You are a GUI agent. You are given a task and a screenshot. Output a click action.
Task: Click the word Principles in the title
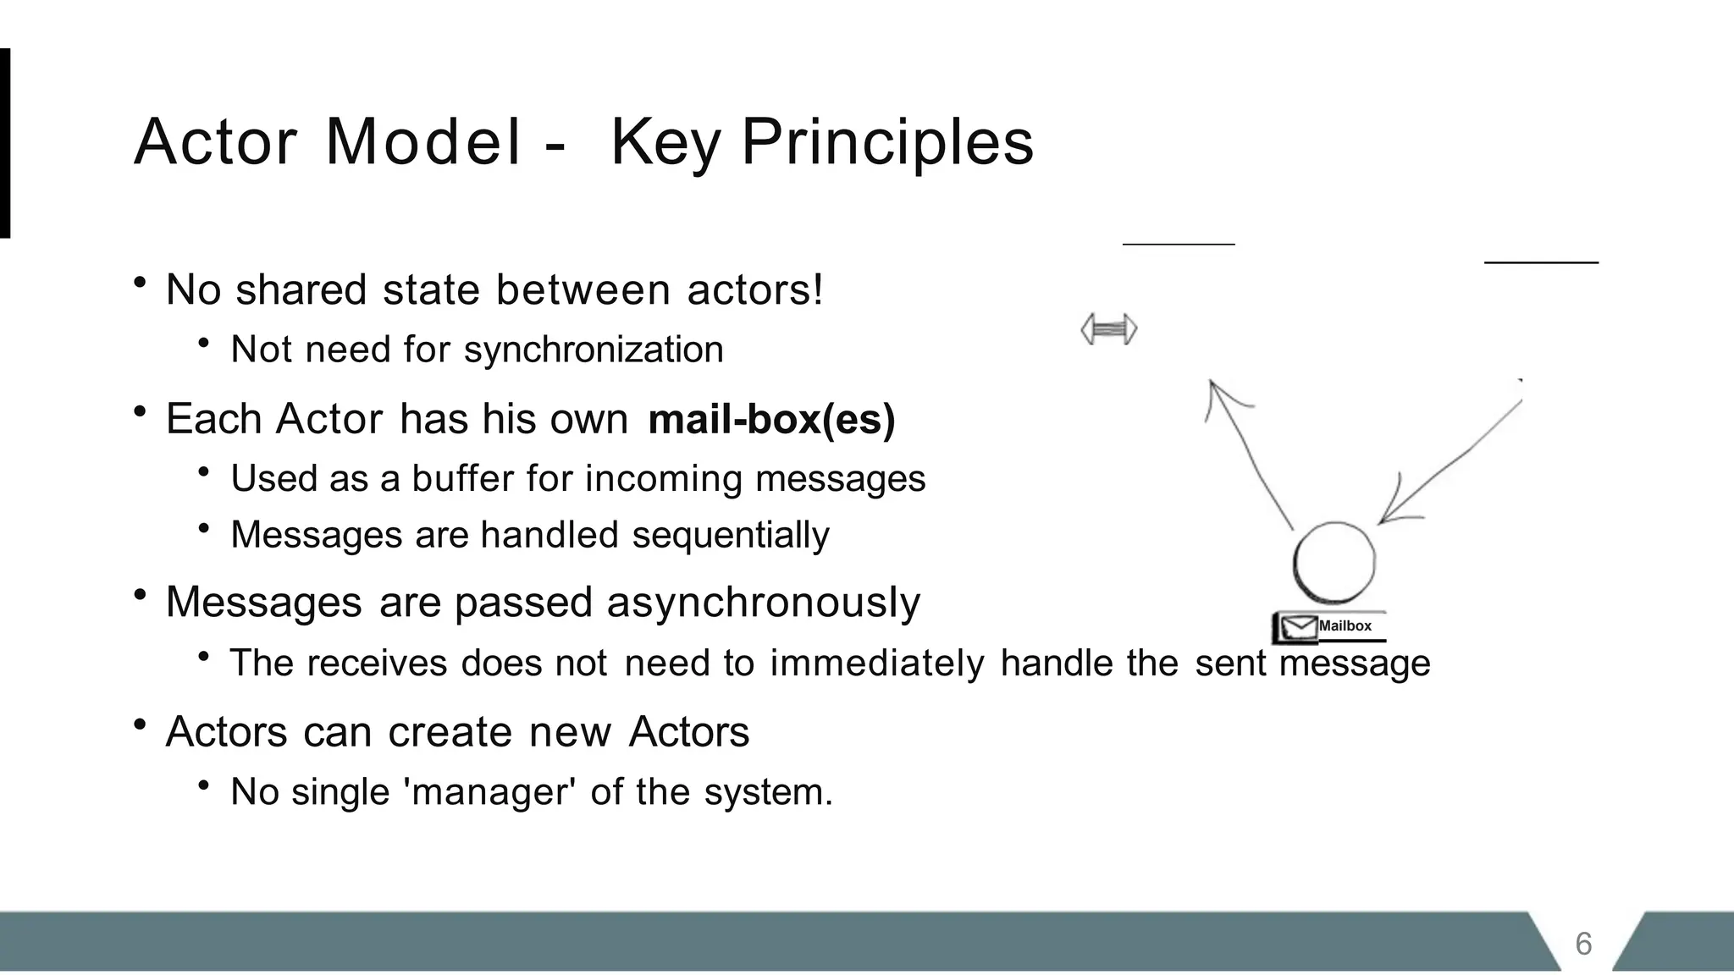tap(887, 142)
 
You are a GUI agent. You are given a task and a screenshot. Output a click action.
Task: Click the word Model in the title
tap(423, 142)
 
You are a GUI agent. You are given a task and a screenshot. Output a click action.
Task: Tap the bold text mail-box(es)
tap(770, 419)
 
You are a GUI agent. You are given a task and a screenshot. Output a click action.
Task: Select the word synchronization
tap(594, 350)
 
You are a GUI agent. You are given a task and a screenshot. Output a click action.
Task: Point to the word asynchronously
tap(763, 603)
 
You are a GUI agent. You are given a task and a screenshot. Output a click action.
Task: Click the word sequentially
tap(731, 535)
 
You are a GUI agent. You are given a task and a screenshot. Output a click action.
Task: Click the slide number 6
tap(1583, 944)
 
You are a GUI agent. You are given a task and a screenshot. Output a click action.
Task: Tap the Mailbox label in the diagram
tap(1345, 626)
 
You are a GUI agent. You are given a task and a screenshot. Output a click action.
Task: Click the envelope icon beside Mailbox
tap(1297, 627)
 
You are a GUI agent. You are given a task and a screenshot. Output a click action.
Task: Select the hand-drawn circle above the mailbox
tap(1334, 562)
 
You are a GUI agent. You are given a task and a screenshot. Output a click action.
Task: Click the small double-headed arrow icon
tap(1109, 329)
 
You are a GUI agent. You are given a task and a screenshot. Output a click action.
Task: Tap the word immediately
tap(876, 663)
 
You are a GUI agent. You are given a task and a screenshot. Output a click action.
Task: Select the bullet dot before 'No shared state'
tap(141, 283)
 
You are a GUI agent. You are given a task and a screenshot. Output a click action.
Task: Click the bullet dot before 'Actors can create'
tap(141, 724)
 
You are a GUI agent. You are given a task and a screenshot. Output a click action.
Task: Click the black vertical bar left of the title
tap(4, 143)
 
